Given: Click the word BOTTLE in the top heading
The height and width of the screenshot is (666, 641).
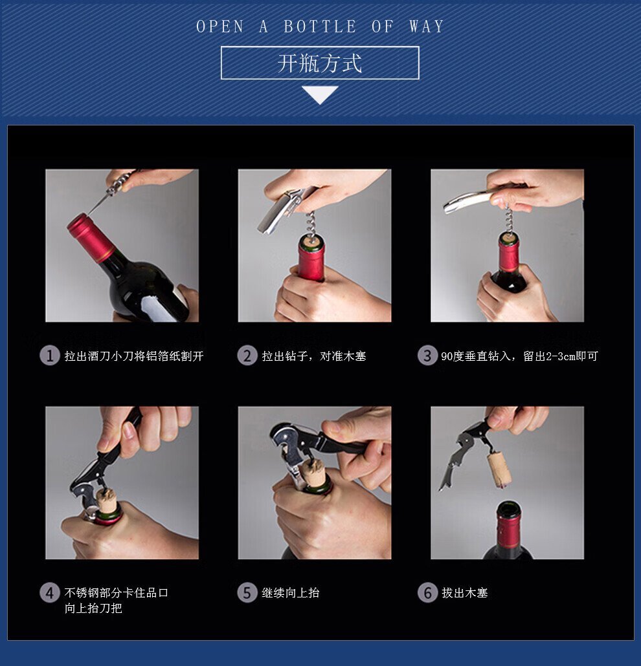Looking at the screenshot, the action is tap(320, 27).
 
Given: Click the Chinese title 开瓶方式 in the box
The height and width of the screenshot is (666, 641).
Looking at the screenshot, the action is tap(320, 63).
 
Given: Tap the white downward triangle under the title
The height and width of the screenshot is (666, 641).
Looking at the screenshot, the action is tap(320, 94).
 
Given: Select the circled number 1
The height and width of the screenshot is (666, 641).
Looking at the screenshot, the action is tap(49, 356).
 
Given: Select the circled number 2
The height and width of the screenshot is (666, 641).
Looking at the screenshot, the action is tap(247, 356).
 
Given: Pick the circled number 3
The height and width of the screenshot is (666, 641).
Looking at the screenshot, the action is tap(427, 356).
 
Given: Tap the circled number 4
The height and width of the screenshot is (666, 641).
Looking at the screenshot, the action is tap(49, 592).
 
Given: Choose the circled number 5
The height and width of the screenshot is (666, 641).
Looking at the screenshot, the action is tap(247, 592).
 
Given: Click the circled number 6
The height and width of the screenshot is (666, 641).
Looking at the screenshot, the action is tap(427, 592).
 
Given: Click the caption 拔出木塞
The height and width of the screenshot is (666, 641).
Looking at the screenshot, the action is tap(464, 592).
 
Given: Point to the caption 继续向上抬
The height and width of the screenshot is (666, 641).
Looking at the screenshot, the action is tap(291, 592).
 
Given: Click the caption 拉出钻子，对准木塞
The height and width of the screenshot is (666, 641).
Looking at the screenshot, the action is tap(314, 356).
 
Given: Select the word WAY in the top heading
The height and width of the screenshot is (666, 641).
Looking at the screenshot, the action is tap(427, 27).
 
